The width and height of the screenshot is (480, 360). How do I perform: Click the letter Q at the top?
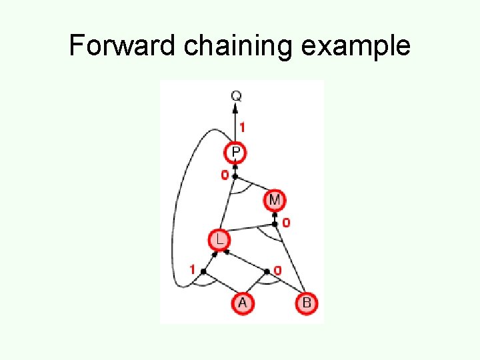click(x=236, y=96)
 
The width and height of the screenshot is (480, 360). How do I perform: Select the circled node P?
click(x=236, y=153)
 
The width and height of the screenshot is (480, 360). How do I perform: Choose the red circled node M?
click(x=274, y=199)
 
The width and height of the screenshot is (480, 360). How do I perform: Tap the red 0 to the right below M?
click(x=286, y=223)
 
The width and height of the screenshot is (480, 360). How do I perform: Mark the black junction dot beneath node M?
click(x=274, y=223)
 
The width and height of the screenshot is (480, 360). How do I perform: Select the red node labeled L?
click(x=217, y=239)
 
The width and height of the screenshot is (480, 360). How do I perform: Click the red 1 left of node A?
click(x=192, y=270)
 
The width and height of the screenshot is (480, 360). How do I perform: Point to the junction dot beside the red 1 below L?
click(x=203, y=271)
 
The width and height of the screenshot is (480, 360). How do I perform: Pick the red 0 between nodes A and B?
click(x=277, y=271)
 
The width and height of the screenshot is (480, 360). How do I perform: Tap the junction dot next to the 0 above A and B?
click(x=267, y=271)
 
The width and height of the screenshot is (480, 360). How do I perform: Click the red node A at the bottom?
click(x=242, y=303)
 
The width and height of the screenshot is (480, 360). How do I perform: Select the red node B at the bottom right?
click(x=306, y=303)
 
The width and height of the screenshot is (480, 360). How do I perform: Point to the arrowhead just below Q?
click(x=236, y=109)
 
